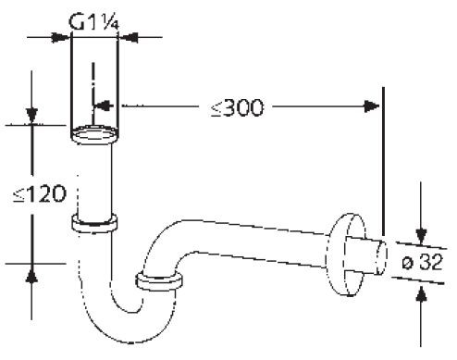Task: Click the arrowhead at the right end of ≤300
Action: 375,106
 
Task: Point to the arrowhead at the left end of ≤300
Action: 103,106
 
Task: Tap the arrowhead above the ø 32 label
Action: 422,232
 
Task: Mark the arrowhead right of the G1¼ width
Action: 129,37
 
